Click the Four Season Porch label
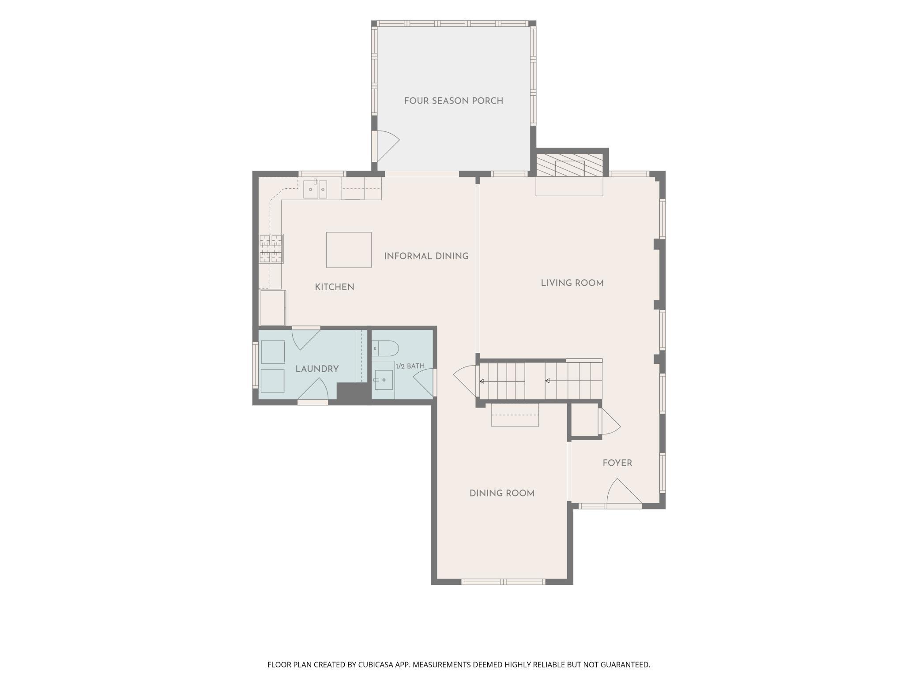[x=453, y=101]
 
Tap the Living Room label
[x=572, y=283]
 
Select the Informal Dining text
[x=426, y=256]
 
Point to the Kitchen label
[x=335, y=287]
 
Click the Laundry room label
[x=317, y=369]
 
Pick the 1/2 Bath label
[x=410, y=366]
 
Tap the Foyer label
[x=617, y=463]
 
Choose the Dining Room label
[x=502, y=494]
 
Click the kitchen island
[x=349, y=250]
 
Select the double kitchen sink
[x=315, y=189]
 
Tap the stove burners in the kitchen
[x=271, y=249]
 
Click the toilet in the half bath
[x=385, y=349]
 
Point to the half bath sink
[x=384, y=380]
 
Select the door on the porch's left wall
[x=385, y=146]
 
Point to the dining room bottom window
[x=504, y=582]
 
